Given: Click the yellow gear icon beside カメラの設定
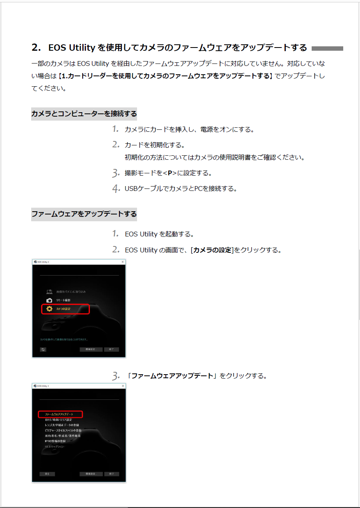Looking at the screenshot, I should click(x=49, y=309).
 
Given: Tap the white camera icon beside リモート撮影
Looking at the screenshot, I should click(x=49, y=300).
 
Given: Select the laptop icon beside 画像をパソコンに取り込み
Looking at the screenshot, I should click(x=49, y=292).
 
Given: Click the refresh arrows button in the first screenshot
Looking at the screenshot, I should click(x=43, y=349).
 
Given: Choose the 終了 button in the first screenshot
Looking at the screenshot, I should click(x=111, y=349).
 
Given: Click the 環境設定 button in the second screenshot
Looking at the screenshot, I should click(x=91, y=474).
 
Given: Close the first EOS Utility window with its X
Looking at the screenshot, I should click(x=123, y=262).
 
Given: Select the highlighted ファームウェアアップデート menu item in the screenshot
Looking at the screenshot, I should click(x=60, y=415).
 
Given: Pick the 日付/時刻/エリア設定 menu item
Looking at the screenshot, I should click(x=58, y=420).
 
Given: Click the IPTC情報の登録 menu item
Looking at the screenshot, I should click(x=55, y=441).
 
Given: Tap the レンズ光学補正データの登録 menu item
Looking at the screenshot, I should click(x=62, y=425).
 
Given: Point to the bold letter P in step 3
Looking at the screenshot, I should click(x=170, y=173).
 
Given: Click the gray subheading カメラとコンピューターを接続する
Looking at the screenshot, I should click(x=84, y=114).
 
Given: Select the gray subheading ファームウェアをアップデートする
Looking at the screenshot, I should click(x=84, y=214).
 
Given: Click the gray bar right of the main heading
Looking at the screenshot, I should click(x=327, y=48).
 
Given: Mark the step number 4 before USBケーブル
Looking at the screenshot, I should click(x=116, y=189).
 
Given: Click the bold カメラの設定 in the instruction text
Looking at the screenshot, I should click(x=212, y=250).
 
